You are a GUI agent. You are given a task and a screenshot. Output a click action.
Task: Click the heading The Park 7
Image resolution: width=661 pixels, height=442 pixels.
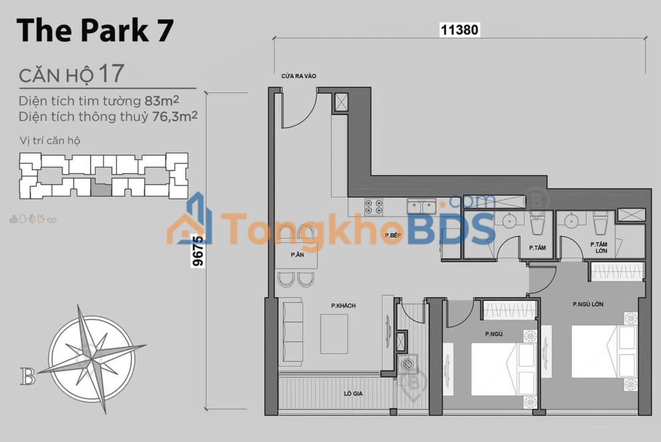95,31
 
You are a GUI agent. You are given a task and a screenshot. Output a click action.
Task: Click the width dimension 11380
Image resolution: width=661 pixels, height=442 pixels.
459,29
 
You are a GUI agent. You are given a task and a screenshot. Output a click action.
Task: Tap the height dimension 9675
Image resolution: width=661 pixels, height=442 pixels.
197,252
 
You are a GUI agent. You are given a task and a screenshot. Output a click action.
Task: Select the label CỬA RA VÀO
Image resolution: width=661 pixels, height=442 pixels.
299,76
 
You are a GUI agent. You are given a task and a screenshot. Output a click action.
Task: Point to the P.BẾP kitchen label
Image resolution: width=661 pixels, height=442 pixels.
393,235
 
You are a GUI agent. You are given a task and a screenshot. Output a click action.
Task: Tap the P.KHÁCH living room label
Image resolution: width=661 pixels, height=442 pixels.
343,306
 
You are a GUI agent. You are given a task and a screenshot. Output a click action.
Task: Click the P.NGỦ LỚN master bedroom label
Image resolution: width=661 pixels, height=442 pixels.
588,304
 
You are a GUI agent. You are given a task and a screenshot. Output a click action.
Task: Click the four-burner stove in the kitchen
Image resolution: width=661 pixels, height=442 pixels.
373,207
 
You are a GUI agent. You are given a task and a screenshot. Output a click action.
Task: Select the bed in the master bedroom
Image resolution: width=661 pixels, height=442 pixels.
603,351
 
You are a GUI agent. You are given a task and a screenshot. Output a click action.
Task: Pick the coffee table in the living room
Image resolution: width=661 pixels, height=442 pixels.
334,334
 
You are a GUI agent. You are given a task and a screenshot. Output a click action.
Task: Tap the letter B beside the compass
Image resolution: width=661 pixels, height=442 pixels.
28,376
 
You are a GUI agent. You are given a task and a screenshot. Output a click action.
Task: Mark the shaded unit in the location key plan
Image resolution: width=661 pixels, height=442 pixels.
101,188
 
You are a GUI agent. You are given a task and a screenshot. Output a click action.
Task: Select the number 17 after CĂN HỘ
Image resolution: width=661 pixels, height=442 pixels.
111,74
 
